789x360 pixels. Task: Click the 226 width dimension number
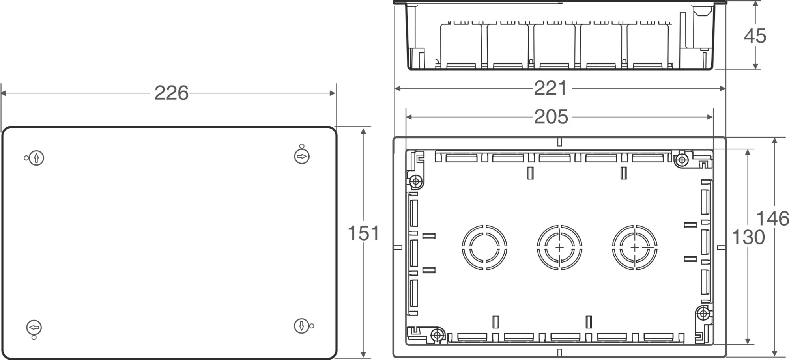click(x=171, y=93)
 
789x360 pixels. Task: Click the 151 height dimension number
click(x=363, y=233)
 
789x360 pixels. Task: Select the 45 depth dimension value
click(x=755, y=36)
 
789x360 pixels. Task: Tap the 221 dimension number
click(x=550, y=88)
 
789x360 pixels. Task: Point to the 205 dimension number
click(x=551, y=117)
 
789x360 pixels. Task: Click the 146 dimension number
click(x=772, y=218)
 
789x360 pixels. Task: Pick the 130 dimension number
click(x=748, y=237)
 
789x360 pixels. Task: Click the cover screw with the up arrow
click(x=36, y=158)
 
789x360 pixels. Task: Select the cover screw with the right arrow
click(x=302, y=157)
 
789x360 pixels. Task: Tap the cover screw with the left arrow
click(x=34, y=327)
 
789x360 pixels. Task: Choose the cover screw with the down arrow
click(x=301, y=326)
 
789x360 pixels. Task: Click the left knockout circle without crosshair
click(x=484, y=248)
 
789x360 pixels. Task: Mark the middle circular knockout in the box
click(x=559, y=248)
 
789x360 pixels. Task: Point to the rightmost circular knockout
click(x=634, y=248)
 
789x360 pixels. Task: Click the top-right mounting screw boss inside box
click(x=682, y=160)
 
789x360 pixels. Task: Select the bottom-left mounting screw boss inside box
click(x=437, y=335)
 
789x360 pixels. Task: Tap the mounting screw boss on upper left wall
click(x=415, y=182)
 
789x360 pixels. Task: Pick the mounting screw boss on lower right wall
click(x=703, y=314)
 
